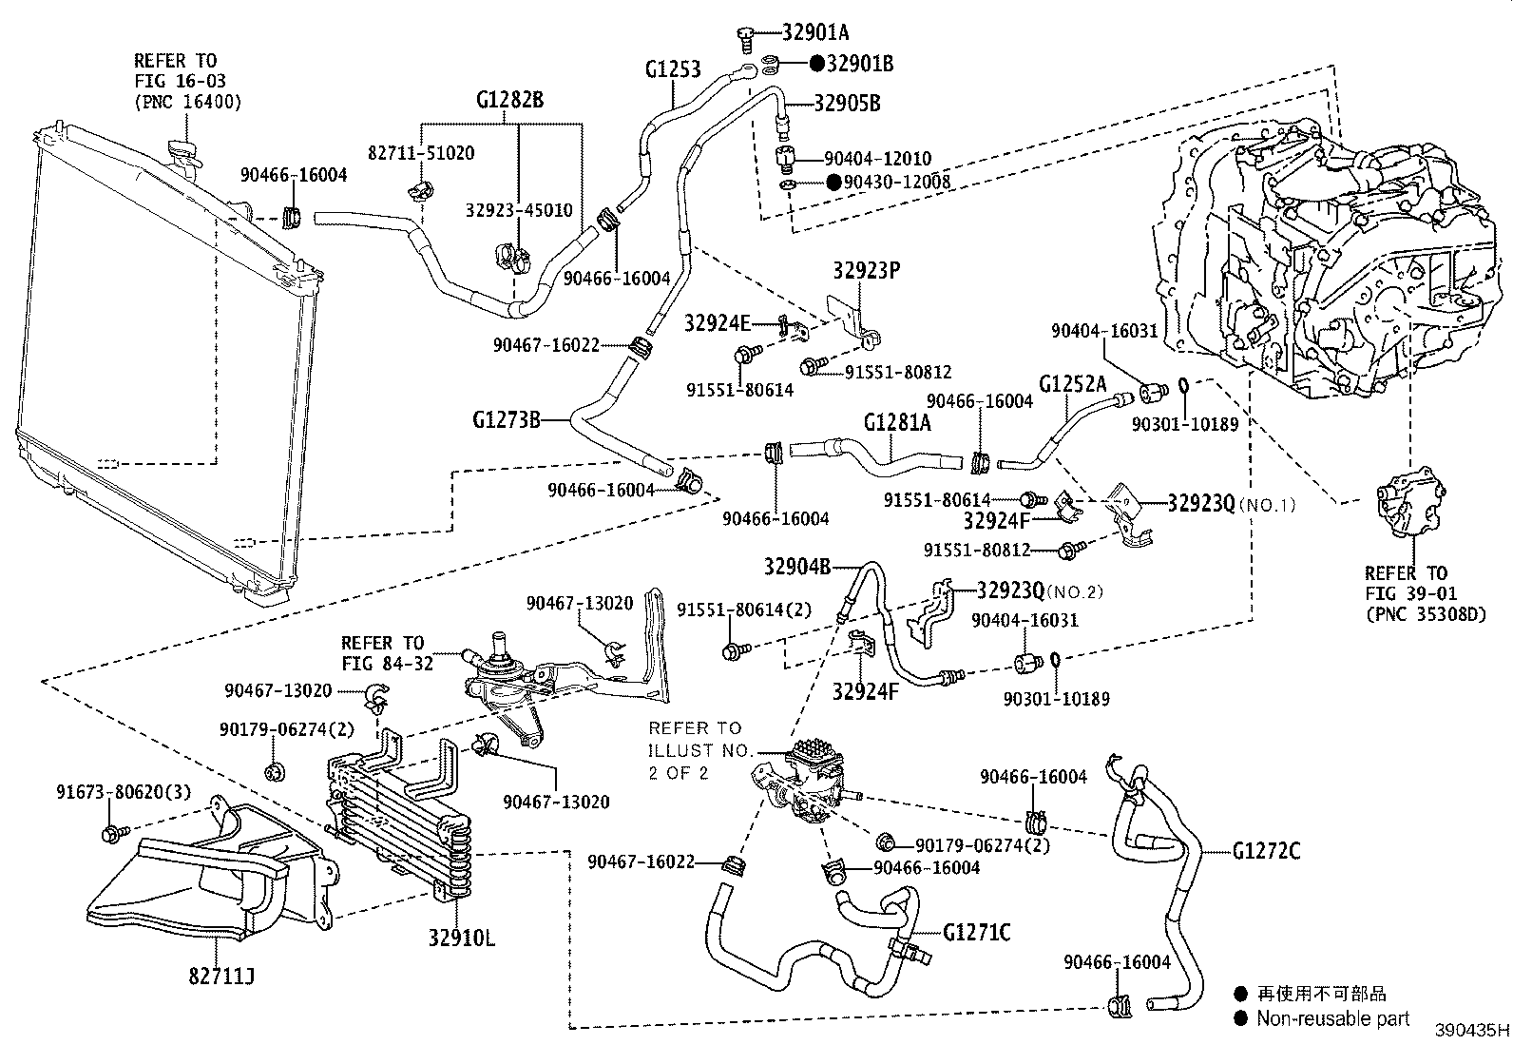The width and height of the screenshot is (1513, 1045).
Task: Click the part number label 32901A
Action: pyautogui.click(x=814, y=31)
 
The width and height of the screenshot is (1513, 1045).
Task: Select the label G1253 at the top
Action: pyautogui.click(x=672, y=68)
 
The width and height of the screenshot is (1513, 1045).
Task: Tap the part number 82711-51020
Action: pyautogui.click(x=421, y=153)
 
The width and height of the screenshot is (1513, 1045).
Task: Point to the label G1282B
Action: pyautogui.click(x=509, y=100)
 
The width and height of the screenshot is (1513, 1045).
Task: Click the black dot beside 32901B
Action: pyautogui.click(x=816, y=64)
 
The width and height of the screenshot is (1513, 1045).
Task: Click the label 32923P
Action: pyautogui.click(x=866, y=270)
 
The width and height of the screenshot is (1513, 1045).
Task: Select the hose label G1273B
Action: pyautogui.click(x=506, y=418)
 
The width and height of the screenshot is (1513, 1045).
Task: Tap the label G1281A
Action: pyautogui.click(x=896, y=421)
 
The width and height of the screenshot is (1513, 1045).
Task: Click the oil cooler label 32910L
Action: pyautogui.click(x=461, y=939)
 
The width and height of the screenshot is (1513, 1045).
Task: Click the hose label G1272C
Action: pyautogui.click(x=1266, y=850)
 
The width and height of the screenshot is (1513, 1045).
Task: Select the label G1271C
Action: pyautogui.click(x=977, y=932)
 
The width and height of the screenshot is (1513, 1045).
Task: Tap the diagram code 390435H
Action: pyautogui.click(x=1471, y=1030)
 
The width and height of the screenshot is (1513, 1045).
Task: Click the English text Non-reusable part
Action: pyautogui.click(x=1333, y=1018)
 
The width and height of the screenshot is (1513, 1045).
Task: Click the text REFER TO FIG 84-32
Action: pyautogui.click(x=382, y=653)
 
